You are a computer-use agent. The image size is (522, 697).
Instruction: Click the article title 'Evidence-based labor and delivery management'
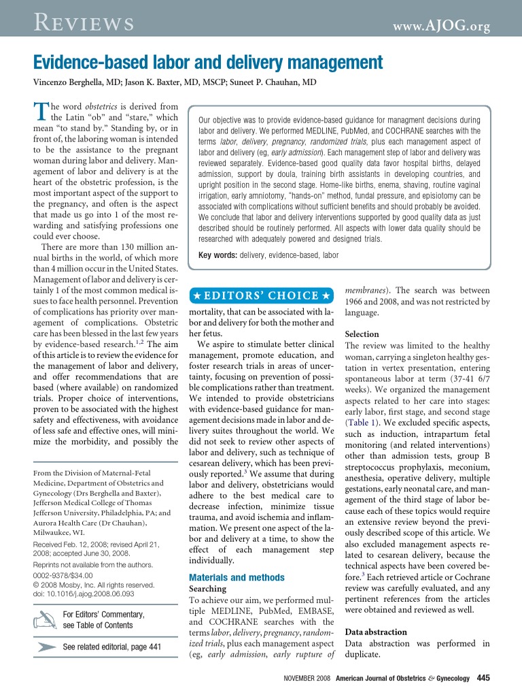pos(208,64)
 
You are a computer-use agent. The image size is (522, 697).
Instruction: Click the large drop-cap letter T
pos(41,112)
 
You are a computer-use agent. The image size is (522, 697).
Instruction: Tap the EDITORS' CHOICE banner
pos(261,295)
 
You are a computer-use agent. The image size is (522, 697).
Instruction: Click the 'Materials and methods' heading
pos(237,578)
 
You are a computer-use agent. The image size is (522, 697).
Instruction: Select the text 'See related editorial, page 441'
pos(111,647)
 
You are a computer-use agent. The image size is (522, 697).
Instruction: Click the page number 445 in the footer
pos(483,678)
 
